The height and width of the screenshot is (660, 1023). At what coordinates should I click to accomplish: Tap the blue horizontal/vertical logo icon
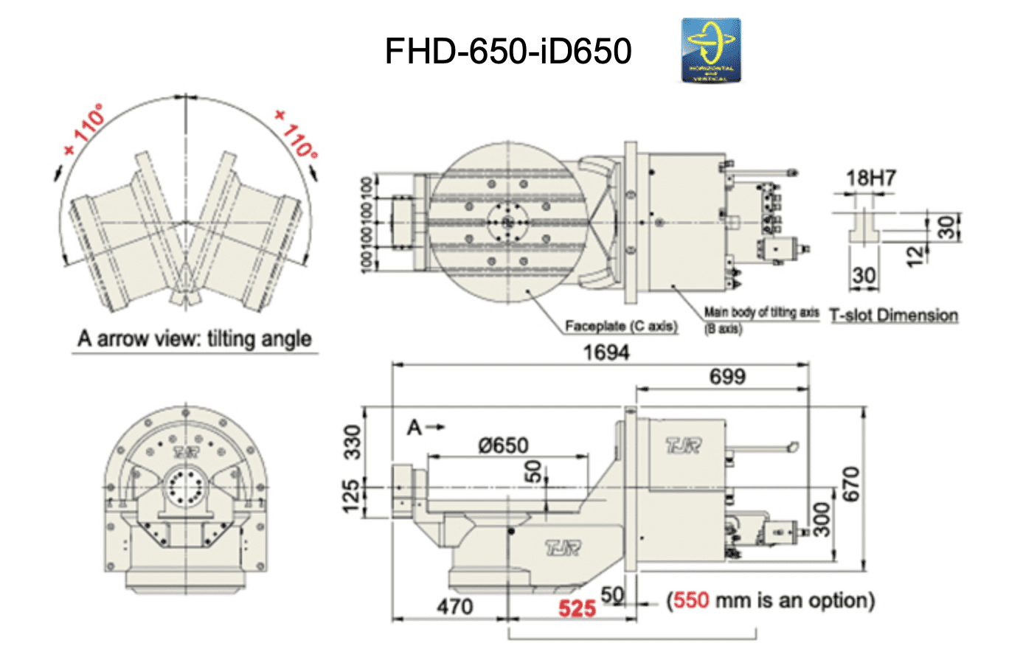click(x=710, y=50)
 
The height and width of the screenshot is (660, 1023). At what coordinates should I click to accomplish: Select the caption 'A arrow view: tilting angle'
click(x=195, y=339)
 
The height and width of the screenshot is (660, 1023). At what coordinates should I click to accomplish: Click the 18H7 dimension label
click(x=870, y=178)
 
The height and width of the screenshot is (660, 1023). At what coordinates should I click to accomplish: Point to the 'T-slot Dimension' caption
click(x=894, y=316)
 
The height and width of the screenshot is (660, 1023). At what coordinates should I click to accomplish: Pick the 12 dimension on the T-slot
click(x=915, y=255)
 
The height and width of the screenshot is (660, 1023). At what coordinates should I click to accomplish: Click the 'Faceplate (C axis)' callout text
click(x=621, y=326)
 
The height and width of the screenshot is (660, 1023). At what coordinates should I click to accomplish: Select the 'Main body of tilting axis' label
click(x=761, y=313)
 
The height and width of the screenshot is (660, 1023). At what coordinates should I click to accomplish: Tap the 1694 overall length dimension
click(x=606, y=352)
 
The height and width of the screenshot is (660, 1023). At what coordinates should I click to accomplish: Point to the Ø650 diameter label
click(x=503, y=445)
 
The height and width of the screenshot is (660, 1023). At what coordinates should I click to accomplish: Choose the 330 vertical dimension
click(x=354, y=442)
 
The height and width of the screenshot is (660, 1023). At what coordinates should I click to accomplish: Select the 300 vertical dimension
click(x=821, y=519)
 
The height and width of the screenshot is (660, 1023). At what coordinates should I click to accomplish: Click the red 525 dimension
click(x=577, y=608)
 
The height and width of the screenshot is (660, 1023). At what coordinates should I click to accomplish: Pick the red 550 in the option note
click(x=691, y=600)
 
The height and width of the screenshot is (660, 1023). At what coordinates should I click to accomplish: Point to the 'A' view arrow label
click(x=415, y=427)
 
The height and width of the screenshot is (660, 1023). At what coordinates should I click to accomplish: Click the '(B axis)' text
click(x=723, y=329)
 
